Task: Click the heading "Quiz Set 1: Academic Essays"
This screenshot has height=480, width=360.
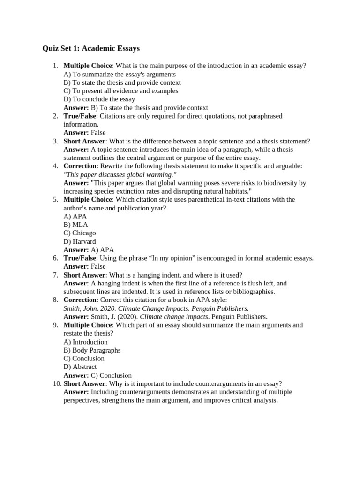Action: coord(91,49)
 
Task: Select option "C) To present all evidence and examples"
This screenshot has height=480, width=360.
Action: coord(121,91)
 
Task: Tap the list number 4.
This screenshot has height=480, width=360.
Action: coord(55,166)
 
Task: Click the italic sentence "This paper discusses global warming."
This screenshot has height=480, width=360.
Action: coord(120,174)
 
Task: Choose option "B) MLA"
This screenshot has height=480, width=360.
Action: coord(76,225)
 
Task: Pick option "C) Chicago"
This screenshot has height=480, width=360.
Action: coord(80,233)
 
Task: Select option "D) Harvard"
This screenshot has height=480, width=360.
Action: coord(80,241)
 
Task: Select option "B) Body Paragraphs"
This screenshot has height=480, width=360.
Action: coord(92,350)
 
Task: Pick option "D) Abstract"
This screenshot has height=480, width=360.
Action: coord(80,367)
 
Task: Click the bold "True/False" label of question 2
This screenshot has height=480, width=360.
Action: coord(80,116)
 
